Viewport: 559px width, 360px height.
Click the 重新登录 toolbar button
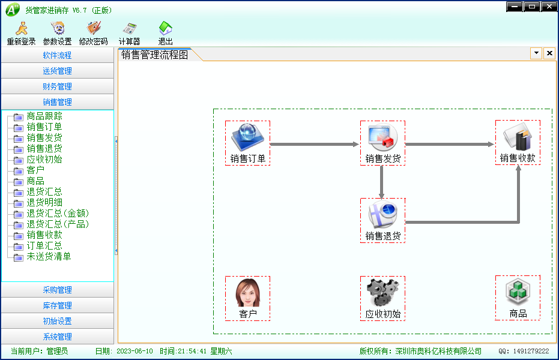coord(22,34)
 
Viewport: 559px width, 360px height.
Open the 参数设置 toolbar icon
coord(58,34)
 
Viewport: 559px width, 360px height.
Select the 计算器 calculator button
coord(130,34)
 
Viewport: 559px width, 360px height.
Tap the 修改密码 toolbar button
coord(94,34)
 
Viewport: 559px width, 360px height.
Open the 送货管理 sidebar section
coord(58,71)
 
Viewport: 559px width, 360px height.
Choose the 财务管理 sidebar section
coord(58,86)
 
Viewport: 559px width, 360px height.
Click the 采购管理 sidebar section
coord(58,290)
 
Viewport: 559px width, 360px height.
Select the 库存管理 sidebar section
coord(58,305)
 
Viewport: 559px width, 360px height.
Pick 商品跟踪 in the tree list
coord(44,116)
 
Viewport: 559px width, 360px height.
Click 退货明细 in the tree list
coord(44,203)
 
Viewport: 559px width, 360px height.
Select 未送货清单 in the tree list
coord(49,256)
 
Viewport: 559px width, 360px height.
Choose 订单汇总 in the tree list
coord(44,245)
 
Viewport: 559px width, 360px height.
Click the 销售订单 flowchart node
coord(248,143)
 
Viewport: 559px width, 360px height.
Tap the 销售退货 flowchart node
coord(382,221)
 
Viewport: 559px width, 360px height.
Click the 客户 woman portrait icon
coord(248,293)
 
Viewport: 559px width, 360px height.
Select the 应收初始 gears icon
coord(382,292)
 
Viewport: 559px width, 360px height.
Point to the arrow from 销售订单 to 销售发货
coord(315,144)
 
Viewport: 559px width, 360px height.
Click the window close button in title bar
coord(549,7)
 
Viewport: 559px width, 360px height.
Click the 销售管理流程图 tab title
coord(154,55)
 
